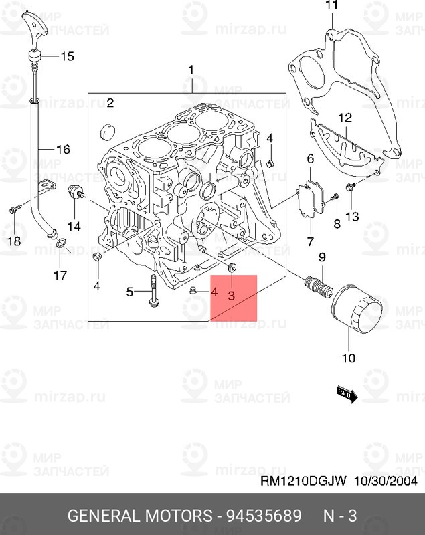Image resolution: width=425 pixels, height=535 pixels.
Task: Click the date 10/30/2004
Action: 387,481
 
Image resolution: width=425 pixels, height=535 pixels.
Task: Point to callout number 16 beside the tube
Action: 62,150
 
